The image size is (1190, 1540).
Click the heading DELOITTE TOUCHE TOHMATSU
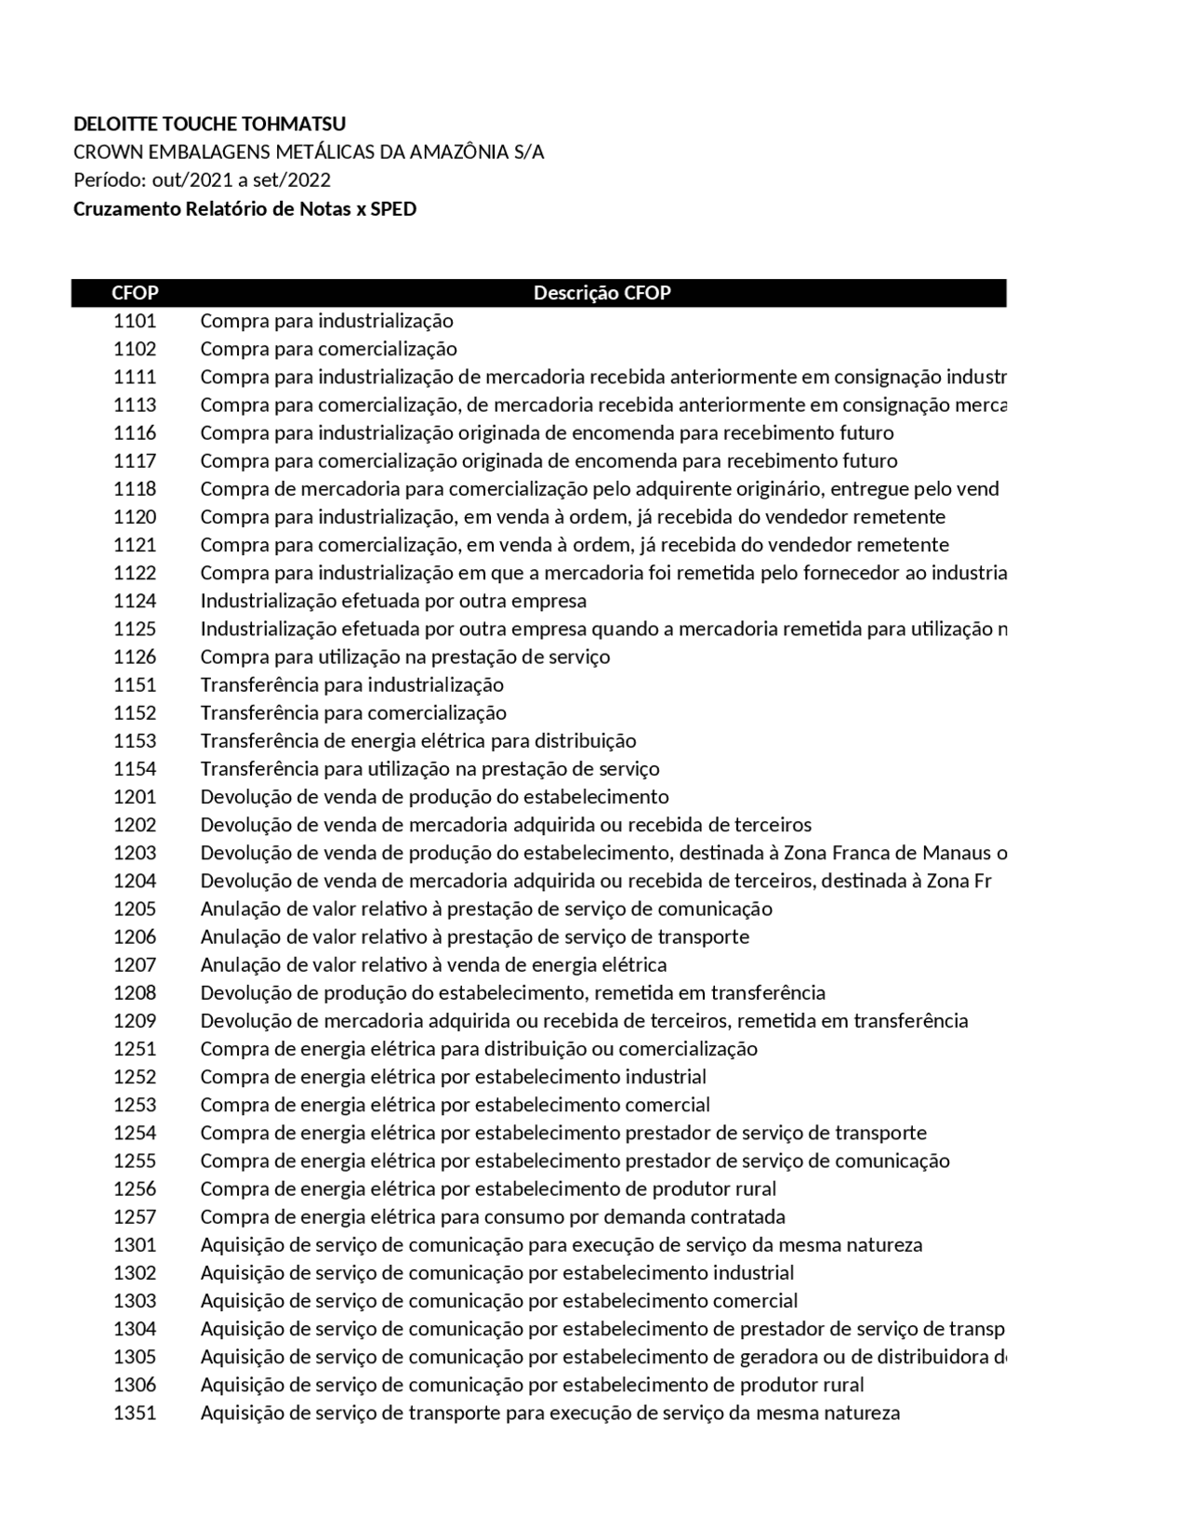click(x=209, y=125)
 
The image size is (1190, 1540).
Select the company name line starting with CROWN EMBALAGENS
click(x=309, y=153)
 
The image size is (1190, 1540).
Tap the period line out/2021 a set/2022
click(x=202, y=180)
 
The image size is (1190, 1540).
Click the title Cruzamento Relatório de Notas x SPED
click(x=245, y=209)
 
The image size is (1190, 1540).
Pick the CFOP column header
click(x=135, y=293)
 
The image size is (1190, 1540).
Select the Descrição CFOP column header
click(x=602, y=293)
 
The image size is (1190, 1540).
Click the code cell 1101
click(x=135, y=322)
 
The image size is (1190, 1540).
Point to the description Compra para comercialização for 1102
click(x=328, y=350)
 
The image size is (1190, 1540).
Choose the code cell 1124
click(x=135, y=602)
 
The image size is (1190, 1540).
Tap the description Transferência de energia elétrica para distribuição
click(x=418, y=741)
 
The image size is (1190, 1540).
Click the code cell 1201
click(x=135, y=797)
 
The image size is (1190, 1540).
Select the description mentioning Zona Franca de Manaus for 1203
click(x=603, y=853)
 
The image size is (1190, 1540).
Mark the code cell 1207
click(x=135, y=965)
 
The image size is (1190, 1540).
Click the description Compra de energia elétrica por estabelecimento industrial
click(x=453, y=1077)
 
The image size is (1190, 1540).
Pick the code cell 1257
click(x=135, y=1217)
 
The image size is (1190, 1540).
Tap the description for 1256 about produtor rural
click(x=488, y=1189)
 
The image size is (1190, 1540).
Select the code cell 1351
click(x=135, y=1414)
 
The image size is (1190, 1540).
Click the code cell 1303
click(x=135, y=1301)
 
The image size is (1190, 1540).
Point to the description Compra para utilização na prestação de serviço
click(x=405, y=657)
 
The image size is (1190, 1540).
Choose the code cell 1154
click(x=135, y=769)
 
